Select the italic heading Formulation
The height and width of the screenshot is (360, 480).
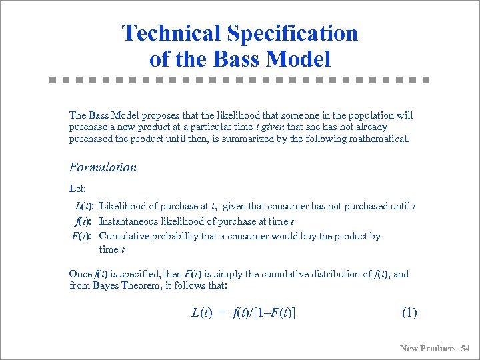pos(103,167)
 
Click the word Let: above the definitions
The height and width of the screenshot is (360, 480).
pos(77,188)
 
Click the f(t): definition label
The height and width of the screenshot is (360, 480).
pos(84,221)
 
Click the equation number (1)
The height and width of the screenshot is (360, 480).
pos(409,312)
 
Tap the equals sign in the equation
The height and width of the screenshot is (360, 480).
pos(223,312)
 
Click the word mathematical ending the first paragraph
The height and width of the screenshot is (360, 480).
pos(378,139)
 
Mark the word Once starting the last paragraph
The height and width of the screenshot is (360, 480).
pos(80,273)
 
